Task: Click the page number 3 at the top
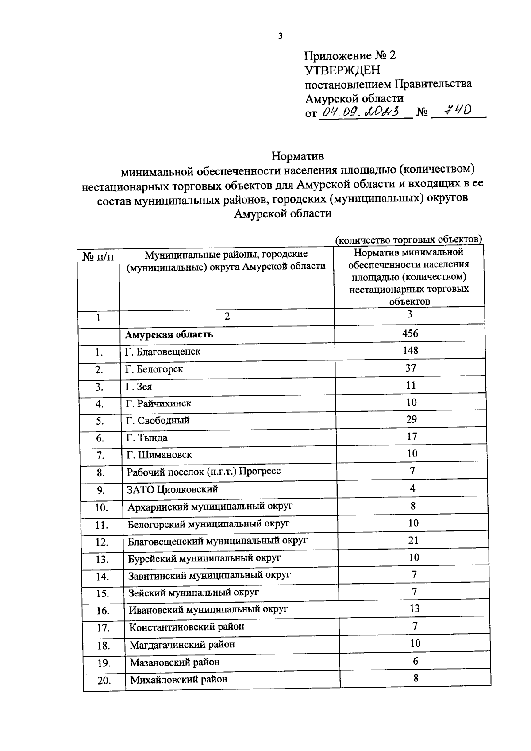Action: pyautogui.click(x=280, y=36)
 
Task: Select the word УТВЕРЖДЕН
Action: pyautogui.click(x=342, y=70)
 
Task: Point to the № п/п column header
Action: pyautogui.click(x=98, y=256)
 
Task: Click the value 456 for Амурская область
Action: pyautogui.click(x=410, y=333)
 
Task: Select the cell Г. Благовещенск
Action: pyautogui.click(x=163, y=352)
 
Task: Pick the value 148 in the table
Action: pyautogui.click(x=411, y=351)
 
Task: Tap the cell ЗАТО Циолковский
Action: pyautogui.click(x=173, y=489)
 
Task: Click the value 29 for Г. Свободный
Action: pyautogui.click(x=412, y=419)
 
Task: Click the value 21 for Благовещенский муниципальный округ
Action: pyautogui.click(x=413, y=540)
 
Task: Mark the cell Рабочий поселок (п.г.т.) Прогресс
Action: pyautogui.click(x=204, y=472)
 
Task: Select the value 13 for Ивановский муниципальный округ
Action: pyautogui.click(x=414, y=608)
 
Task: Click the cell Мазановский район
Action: pyautogui.click(x=175, y=662)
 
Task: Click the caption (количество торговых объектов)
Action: pyautogui.click(x=408, y=240)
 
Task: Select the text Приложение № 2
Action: pyautogui.click(x=350, y=56)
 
